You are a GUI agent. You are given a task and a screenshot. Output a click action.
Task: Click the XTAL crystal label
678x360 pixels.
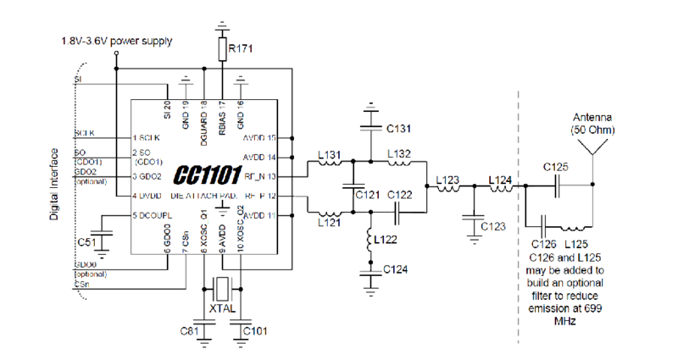tap(222, 310)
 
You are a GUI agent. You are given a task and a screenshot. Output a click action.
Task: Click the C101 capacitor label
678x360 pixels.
tap(256, 330)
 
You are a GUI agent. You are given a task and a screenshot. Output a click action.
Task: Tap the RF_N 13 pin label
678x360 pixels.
tap(263, 176)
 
